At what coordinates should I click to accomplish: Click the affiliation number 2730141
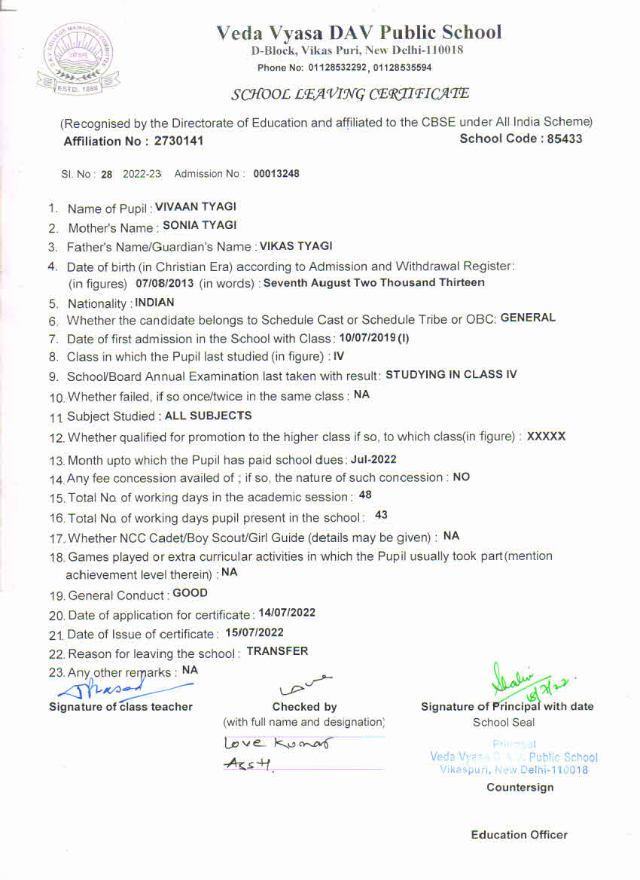[x=178, y=141]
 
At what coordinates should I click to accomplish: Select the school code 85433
[x=565, y=139]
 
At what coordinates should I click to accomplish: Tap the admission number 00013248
[x=276, y=174]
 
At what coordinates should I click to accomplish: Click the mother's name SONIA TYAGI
[x=200, y=225]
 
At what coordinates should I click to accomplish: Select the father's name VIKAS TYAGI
[x=296, y=246]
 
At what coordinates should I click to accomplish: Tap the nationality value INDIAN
[x=154, y=303]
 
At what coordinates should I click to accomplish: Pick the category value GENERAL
[x=528, y=318]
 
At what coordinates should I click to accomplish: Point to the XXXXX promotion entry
[x=546, y=436]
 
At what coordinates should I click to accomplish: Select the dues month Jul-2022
[x=373, y=459]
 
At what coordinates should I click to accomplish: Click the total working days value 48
[x=365, y=495]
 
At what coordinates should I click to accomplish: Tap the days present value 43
[x=381, y=516]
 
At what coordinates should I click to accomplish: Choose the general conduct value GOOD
[x=190, y=593]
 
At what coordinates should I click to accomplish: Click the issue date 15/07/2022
[x=254, y=633]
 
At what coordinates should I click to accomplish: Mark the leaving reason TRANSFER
[x=277, y=651]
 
